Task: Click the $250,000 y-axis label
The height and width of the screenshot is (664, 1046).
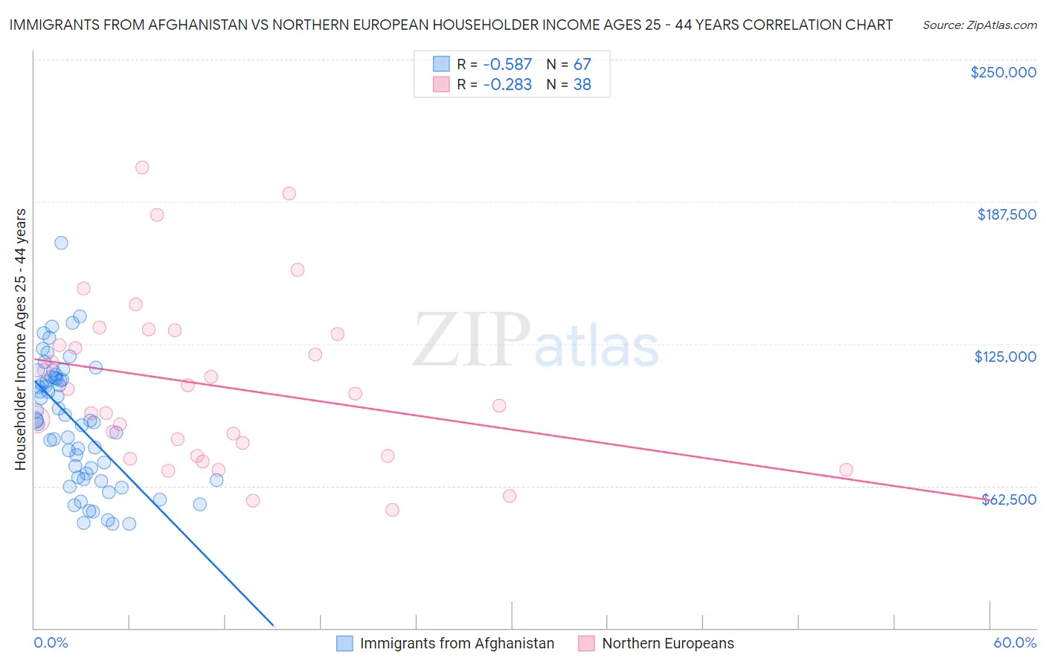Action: click(1003, 72)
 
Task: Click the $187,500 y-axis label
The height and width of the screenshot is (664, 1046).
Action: click(1006, 214)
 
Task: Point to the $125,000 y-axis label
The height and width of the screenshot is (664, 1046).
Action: click(1005, 357)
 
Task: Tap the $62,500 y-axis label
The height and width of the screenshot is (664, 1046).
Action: click(1008, 499)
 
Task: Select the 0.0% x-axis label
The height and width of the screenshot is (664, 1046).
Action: click(51, 642)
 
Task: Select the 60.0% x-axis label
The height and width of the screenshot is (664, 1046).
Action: click(1015, 642)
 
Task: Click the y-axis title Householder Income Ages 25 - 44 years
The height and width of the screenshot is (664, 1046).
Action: click(20, 339)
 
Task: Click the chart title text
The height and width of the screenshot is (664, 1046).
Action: click(451, 25)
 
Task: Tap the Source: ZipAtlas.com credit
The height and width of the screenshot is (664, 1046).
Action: click(979, 25)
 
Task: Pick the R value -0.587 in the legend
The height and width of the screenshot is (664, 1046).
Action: click(507, 64)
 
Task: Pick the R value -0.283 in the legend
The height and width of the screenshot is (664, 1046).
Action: click(507, 85)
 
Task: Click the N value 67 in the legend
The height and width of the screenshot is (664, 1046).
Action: click(582, 64)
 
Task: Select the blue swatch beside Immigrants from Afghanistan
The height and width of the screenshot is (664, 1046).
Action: click(344, 643)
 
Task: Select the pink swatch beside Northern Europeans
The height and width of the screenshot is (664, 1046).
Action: click(586, 643)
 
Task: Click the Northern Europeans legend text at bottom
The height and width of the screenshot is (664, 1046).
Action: click(667, 643)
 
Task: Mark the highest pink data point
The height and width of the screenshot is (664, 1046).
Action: click(142, 167)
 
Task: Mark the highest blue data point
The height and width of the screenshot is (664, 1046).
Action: click(61, 243)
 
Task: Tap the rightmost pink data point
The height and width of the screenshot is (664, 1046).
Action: click(846, 470)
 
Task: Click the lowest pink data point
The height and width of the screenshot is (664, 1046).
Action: click(392, 510)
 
